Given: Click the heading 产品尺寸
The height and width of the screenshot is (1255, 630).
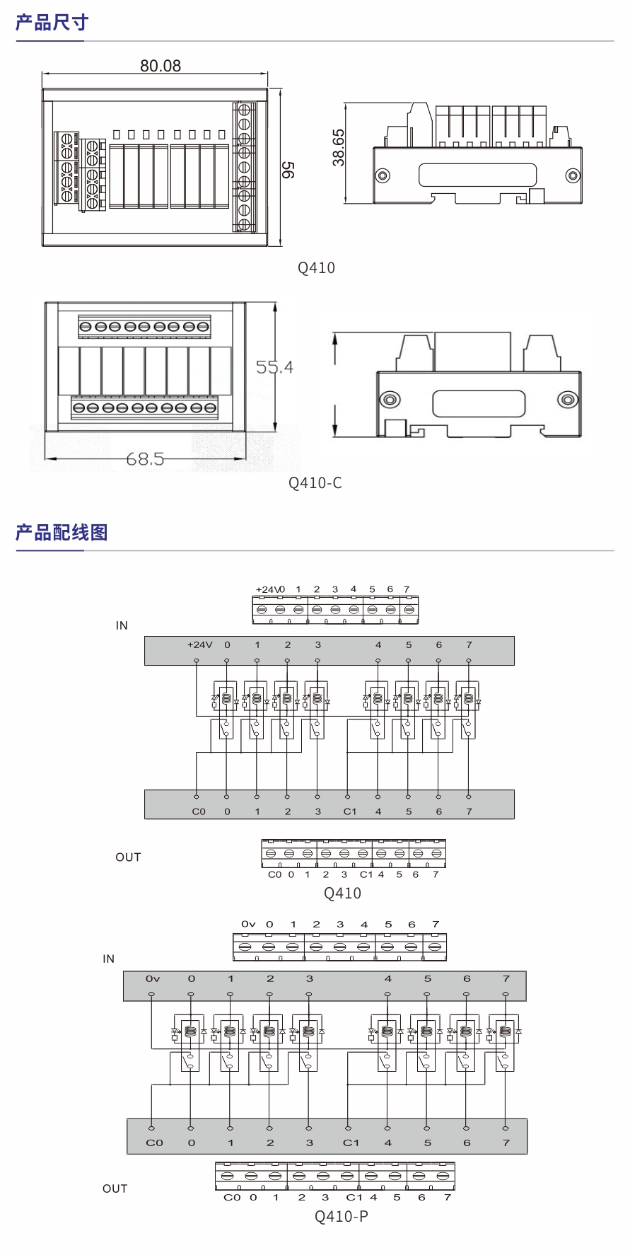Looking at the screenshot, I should pos(52,23).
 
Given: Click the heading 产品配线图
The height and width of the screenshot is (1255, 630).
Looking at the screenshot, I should pos(62,533).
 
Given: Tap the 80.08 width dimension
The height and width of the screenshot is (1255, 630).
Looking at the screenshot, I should pos(161,66).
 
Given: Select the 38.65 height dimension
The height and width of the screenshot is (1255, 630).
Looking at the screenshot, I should pos(339,147).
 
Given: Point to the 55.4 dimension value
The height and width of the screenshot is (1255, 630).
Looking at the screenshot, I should pos(274,367).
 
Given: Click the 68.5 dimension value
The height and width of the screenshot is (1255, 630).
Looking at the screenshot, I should pos(145,459).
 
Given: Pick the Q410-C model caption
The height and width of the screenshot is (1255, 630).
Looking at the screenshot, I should pos(315,483).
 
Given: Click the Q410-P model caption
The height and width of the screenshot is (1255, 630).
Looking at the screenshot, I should pos(342,1216).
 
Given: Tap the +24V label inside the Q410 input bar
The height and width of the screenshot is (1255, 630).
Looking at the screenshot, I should pos(199,645).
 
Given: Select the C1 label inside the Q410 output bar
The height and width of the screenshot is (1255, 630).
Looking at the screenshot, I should pos(350,811).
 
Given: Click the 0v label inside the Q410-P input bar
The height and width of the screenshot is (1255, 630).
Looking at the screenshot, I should pos(153,979).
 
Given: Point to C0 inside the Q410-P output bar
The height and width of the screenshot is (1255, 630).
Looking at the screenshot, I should pos(154,1143).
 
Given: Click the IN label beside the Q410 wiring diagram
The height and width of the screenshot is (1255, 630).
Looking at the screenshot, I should pos(122,625).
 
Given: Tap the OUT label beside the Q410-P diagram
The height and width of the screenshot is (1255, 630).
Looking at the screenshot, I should pos(115,1189).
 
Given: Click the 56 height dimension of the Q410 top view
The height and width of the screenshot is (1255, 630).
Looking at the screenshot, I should pos(288,170).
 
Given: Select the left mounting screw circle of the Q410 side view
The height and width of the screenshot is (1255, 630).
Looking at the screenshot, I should pos(383,175).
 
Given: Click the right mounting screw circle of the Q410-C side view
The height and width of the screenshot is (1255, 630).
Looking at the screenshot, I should pos(567,400).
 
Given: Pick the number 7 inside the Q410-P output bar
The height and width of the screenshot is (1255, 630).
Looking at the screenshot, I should pos(506,1143).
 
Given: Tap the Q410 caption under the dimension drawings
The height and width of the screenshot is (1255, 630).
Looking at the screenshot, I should pos(316,268).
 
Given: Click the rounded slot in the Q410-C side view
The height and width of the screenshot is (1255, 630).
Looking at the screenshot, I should pos(479,404).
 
